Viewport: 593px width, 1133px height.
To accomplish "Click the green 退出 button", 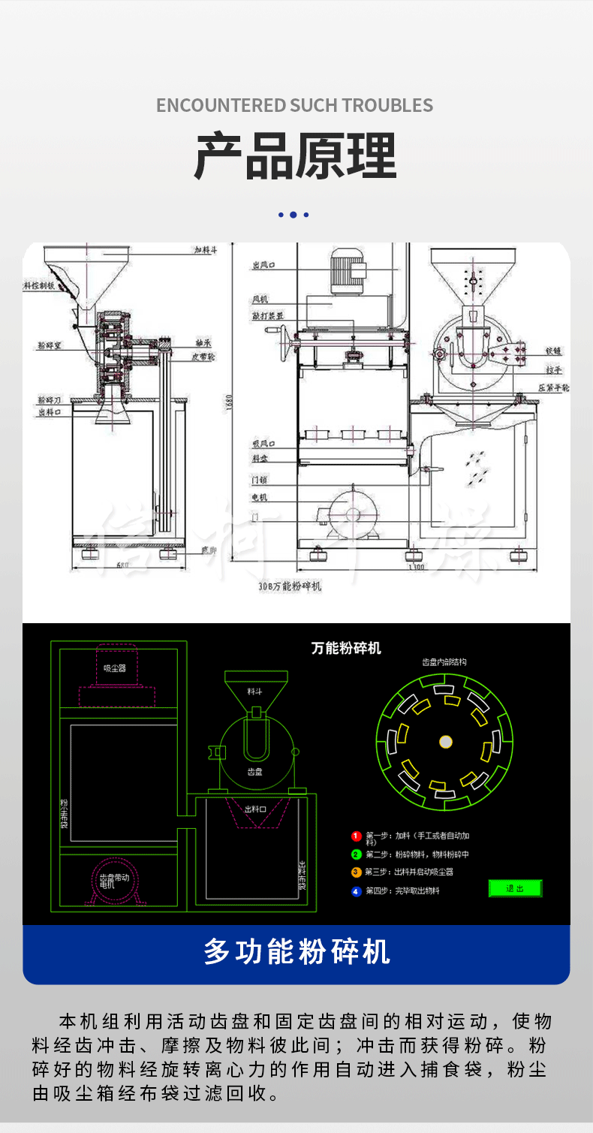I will [x=515, y=888].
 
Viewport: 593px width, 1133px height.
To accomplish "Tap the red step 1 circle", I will [x=357, y=836].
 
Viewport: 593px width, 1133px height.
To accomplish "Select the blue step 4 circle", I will [x=357, y=891].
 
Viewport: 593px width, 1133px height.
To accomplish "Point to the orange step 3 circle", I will [x=357, y=872].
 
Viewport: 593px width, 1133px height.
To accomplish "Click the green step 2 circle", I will [x=357, y=854].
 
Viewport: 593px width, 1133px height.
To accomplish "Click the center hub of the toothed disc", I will [x=445, y=742].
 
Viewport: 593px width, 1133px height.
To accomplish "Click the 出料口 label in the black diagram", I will [x=255, y=809].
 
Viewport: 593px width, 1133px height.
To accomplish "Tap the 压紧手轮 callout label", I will [x=555, y=388].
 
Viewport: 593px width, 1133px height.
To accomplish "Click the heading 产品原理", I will [x=296, y=156].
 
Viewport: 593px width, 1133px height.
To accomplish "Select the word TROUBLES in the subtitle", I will [x=388, y=105].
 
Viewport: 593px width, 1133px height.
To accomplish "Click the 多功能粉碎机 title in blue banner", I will [x=296, y=952].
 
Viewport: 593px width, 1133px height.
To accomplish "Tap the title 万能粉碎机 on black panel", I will [x=346, y=648].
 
